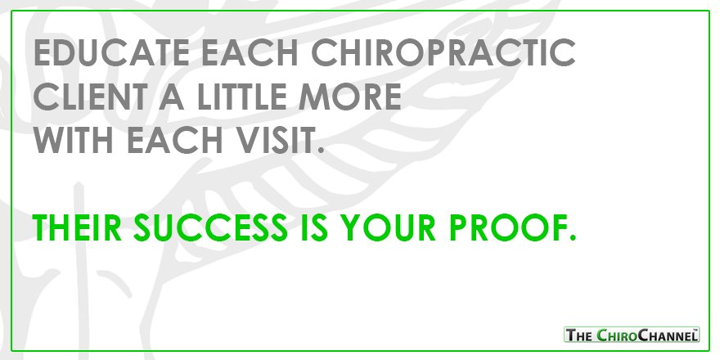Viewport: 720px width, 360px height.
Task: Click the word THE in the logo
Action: click(580, 334)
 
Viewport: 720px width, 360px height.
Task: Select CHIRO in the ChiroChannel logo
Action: click(623, 334)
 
